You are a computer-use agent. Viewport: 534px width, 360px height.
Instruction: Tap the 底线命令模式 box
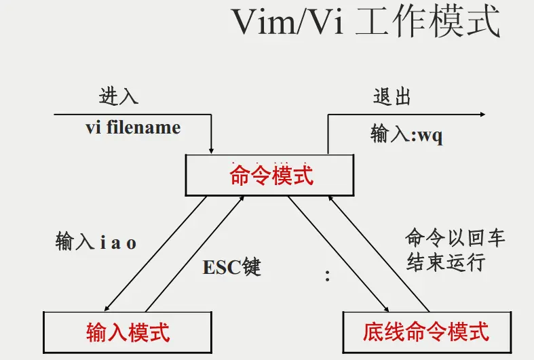[425, 332]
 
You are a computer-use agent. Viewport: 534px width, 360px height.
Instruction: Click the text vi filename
[133, 127]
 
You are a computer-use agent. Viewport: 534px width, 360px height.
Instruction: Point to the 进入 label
[119, 96]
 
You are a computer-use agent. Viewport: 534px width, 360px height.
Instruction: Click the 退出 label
[392, 96]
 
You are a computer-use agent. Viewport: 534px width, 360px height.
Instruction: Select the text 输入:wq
[406, 134]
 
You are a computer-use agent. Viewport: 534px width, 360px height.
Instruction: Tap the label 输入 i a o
[96, 243]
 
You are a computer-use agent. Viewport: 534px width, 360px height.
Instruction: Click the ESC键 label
[231, 267]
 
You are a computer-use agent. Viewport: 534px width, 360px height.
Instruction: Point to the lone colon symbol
[328, 276]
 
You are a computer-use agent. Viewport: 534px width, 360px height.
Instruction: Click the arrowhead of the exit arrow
[481, 115]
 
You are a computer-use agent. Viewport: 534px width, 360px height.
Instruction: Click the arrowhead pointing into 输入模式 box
[108, 306]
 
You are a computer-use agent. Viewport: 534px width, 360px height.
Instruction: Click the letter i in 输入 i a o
[103, 243]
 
